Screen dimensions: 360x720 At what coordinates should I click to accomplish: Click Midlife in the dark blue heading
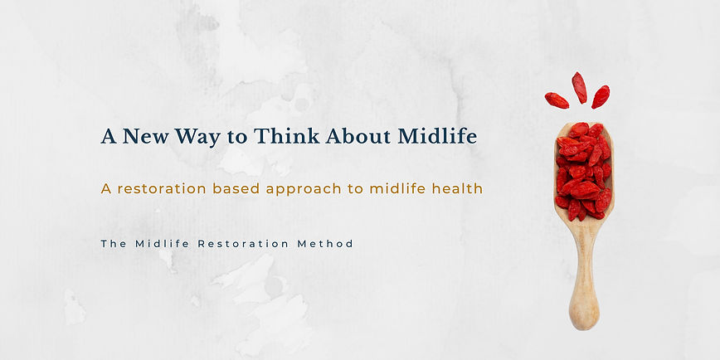pyautogui.click(x=437, y=137)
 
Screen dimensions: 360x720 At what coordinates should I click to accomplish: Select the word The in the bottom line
pyautogui.click(x=113, y=244)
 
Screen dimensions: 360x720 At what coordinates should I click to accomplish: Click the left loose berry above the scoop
pyautogui.click(x=557, y=100)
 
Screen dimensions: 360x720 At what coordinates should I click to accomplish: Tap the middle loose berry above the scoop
pyautogui.click(x=579, y=87)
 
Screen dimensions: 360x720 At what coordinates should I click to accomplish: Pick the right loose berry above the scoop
pyautogui.click(x=601, y=97)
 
